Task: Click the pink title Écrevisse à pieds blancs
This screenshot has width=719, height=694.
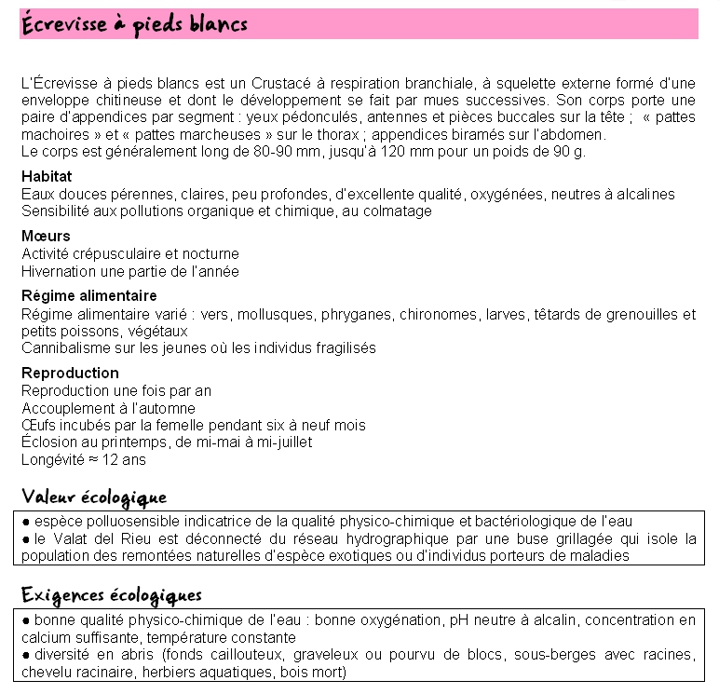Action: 134,23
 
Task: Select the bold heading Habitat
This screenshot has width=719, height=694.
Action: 47,176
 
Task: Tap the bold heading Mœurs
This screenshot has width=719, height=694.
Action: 46,236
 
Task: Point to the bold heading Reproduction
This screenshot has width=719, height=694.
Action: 70,374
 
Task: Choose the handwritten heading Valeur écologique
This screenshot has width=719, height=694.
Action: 94,497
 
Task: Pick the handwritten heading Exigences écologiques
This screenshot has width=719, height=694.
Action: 111,594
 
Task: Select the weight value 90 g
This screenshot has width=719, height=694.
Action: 569,151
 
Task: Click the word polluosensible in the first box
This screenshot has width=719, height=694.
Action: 130,521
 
